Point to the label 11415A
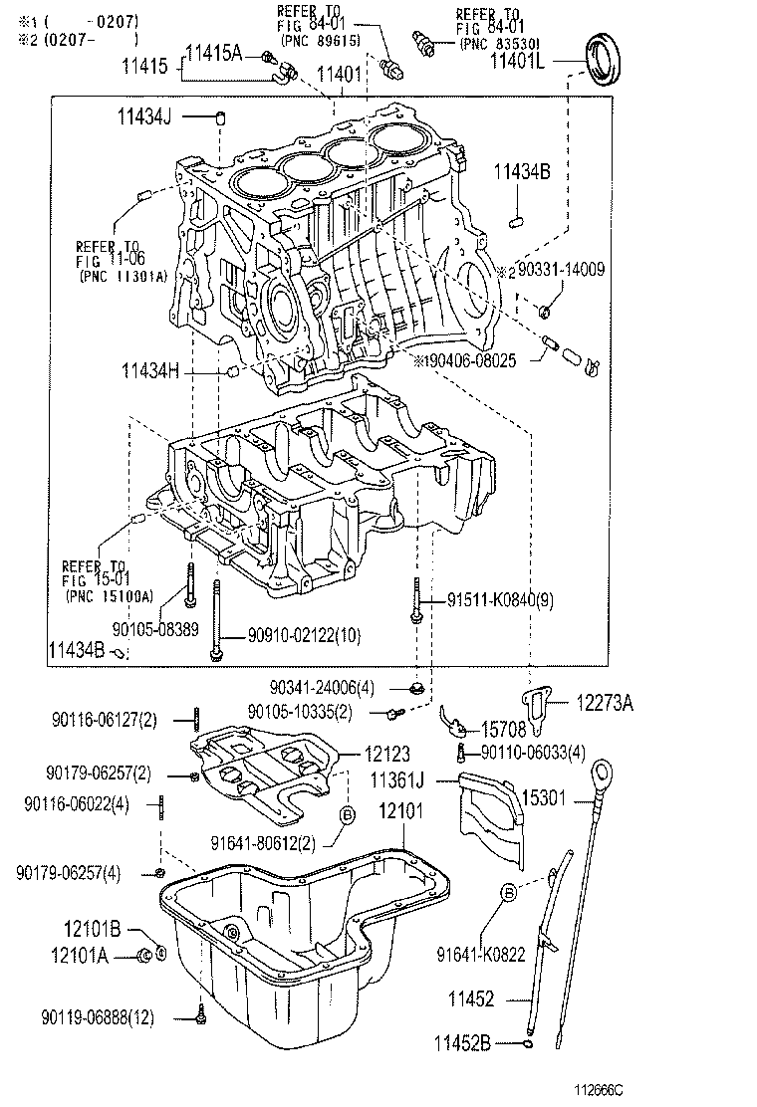coord(214,52)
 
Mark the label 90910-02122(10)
coord(292,634)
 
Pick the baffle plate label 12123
coord(383,755)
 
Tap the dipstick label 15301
coord(549,798)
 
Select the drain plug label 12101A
coord(76,956)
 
